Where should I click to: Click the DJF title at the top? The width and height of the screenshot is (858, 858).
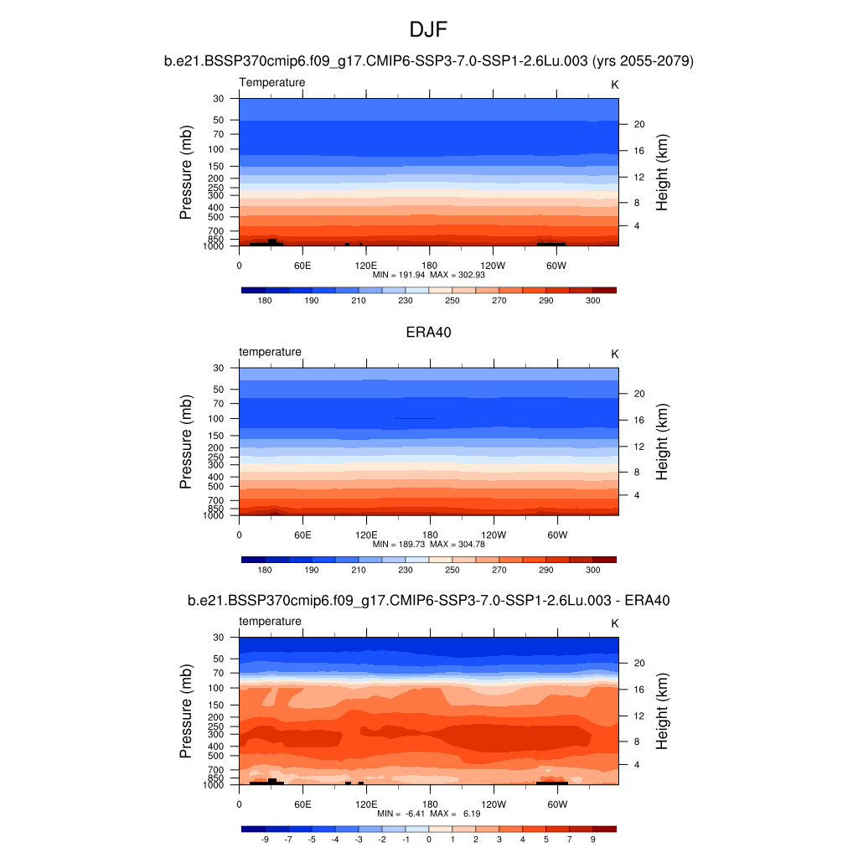[x=428, y=30]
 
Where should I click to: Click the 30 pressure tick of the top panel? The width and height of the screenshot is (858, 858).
[x=219, y=98]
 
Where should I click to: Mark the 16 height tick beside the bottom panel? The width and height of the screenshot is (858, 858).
[x=638, y=690]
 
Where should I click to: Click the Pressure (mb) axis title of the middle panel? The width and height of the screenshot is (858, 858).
[x=186, y=442]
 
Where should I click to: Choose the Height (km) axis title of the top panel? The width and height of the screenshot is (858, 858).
[x=662, y=172]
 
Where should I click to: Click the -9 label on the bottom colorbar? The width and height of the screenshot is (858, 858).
[x=265, y=839]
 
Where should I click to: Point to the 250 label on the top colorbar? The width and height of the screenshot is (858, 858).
[x=452, y=300]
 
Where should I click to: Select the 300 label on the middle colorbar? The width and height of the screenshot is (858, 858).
[x=592, y=570]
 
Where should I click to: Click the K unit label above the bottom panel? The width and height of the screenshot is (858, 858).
[x=614, y=623]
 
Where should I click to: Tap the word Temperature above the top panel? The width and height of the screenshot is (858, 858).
[x=272, y=82]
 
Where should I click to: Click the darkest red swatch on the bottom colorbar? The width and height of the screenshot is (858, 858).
[x=604, y=829]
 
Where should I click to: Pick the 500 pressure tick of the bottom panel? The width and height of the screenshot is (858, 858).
[x=217, y=756]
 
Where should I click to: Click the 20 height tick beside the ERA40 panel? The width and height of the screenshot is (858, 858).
[x=638, y=393]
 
